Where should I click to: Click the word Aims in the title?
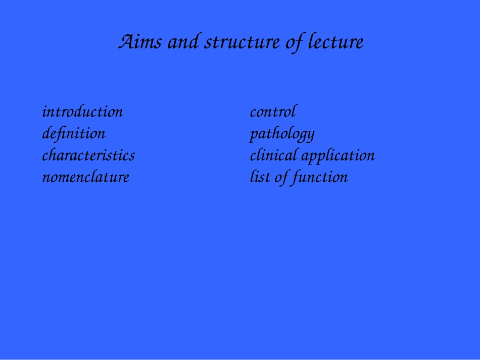point(139,41)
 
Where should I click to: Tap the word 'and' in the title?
point(183,41)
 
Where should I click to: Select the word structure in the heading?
point(242,42)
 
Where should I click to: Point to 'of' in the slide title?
point(295,43)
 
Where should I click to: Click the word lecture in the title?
point(336,41)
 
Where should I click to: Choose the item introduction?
point(83,112)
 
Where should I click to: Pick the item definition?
point(74,134)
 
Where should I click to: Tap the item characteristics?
point(88,156)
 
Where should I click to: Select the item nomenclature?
point(86,177)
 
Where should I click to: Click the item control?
point(273,112)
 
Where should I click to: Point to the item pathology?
point(282,134)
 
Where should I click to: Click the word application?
point(338,156)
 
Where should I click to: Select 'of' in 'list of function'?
point(281,178)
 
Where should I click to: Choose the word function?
point(320,178)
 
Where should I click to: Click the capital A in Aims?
point(127,41)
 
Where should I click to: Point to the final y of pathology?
point(310,136)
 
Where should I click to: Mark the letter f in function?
point(296,178)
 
